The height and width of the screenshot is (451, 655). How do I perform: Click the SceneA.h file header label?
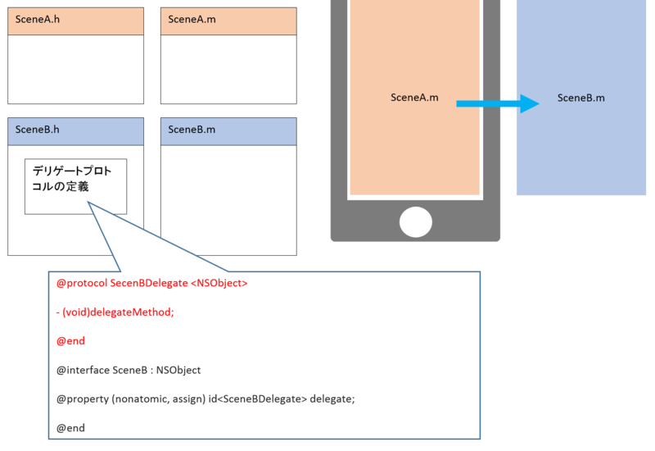38,19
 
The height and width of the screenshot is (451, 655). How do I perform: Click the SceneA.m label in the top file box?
192,19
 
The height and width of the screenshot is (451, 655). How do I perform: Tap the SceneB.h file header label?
37,130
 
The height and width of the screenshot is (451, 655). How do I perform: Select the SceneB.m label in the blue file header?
192,130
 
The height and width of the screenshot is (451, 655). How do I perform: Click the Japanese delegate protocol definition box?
75,186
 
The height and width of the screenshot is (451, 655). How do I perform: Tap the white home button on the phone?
416,221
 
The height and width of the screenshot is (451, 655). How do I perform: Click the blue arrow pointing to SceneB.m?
498,103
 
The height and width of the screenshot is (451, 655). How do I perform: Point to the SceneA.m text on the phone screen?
414,98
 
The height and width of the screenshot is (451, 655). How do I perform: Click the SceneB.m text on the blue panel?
581,98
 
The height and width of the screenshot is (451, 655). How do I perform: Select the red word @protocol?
82,283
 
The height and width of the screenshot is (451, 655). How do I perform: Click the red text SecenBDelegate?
149,283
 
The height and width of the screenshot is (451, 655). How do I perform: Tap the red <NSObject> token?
219,283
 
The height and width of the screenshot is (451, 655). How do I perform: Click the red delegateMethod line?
115,312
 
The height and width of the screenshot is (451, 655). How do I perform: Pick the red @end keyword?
70,341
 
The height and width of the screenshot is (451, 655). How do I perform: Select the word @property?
83,399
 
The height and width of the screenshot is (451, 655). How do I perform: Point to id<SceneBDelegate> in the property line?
258,399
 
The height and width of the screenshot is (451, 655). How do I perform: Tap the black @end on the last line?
70,428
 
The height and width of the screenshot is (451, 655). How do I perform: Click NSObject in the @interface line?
178,371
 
